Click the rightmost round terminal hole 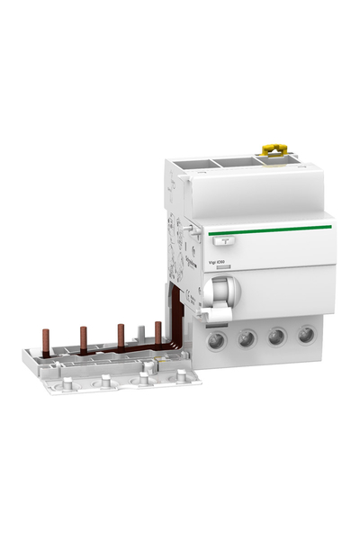point(306,335)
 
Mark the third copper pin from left point(120,335)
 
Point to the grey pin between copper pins point(139,335)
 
